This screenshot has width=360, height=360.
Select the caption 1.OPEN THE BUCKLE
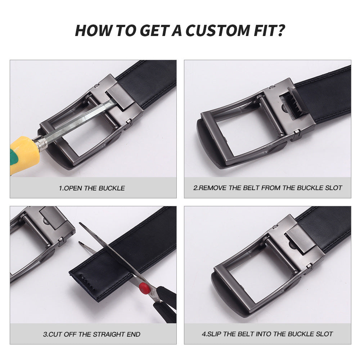[92, 188]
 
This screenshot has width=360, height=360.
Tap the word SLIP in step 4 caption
[215, 334]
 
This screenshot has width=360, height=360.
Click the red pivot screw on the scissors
[144, 287]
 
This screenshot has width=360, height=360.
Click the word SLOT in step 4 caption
[323, 334]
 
